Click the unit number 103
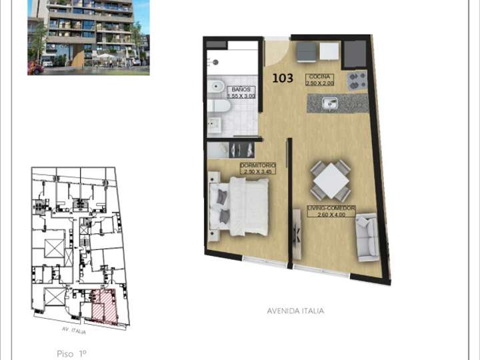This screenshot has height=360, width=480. click(x=283, y=78)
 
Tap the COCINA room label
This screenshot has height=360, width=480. click(x=319, y=77)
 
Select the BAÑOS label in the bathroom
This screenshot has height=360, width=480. click(x=241, y=89)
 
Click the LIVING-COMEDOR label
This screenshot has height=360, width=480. click(x=331, y=209)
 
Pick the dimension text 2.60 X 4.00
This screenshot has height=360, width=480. click(x=331, y=215)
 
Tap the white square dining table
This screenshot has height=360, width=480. click(x=331, y=180)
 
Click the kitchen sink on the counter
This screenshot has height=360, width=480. click(x=330, y=103)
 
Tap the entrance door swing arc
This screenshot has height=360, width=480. click(x=277, y=52)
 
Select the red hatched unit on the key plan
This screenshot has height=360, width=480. click(x=105, y=306)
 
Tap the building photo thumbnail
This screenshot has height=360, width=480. click(x=88, y=37)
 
